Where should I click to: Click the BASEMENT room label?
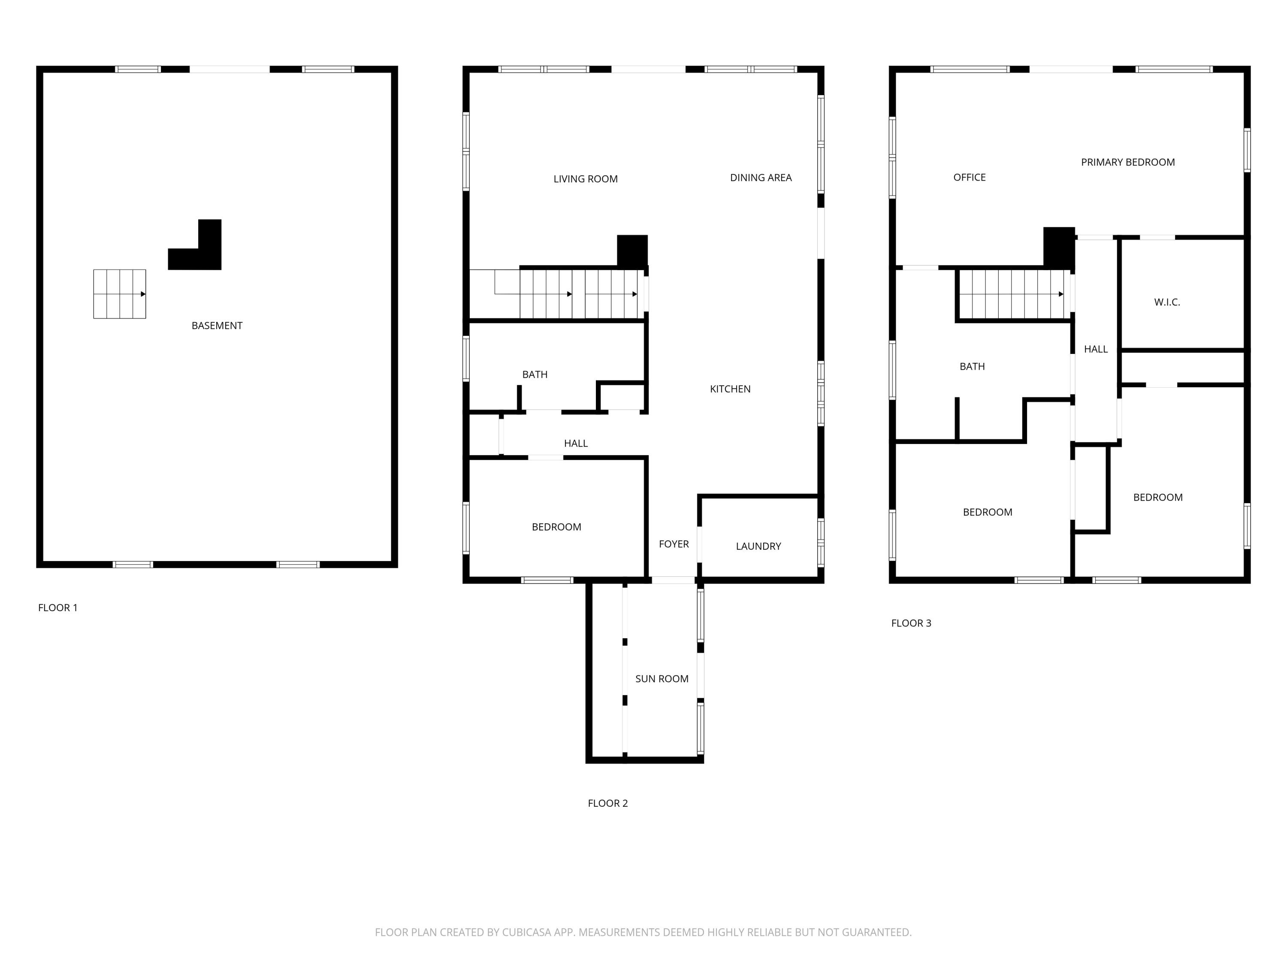pyautogui.click(x=217, y=326)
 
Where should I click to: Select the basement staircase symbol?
pyautogui.click(x=119, y=294)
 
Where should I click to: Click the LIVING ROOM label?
pyautogui.click(x=585, y=179)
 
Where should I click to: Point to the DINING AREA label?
pyautogui.click(x=761, y=178)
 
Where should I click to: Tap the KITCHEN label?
pyautogui.click(x=730, y=389)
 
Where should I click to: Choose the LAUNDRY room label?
pyautogui.click(x=758, y=546)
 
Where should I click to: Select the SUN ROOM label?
pyautogui.click(x=662, y=679)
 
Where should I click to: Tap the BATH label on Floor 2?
pyautogui.click(x=534, y=374)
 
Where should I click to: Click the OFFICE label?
pyautogui.click(x=969, y=178)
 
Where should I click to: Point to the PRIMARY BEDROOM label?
pyautogui.click(x=1127, y=162)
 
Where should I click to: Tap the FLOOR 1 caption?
pyautogui.click(x=57, y=608)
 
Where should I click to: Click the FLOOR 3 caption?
pyautogui.click(x=911, y=623)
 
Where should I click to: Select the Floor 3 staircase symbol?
pyautogui.click(x=1014, y=294)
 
